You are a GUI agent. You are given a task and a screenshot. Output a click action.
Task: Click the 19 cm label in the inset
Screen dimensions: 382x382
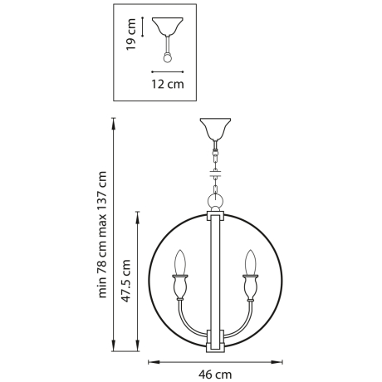(130, 35)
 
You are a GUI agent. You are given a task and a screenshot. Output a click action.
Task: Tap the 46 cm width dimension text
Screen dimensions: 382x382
(214, 375)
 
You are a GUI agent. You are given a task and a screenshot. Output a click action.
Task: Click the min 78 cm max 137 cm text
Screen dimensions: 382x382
(104, 234)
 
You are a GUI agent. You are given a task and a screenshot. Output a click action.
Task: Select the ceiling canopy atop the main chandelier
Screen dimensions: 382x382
(214, 130)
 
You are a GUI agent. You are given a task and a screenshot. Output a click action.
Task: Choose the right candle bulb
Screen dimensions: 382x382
(249, 263)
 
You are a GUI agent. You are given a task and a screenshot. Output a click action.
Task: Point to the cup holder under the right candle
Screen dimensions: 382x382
(249, 288)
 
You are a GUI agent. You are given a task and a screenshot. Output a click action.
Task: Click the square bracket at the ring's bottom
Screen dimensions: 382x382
(214, 340)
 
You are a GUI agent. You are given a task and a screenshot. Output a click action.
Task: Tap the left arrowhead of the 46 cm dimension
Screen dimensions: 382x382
(151, 361)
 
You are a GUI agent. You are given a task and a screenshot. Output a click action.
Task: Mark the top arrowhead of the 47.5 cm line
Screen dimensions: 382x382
(137, 215)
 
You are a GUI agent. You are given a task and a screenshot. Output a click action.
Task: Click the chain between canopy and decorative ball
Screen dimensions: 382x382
(214, 162)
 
